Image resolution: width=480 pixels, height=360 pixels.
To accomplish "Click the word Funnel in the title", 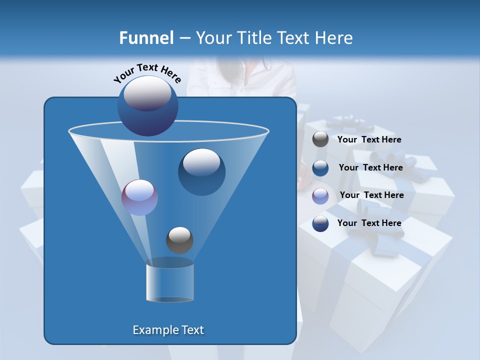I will [x=146, y=38].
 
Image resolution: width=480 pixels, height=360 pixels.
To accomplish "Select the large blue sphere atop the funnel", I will [x=148, y=105].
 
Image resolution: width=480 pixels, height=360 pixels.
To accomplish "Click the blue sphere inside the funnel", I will [x=201, y=171].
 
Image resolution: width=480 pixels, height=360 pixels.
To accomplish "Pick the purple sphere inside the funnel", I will [x=139, y=197].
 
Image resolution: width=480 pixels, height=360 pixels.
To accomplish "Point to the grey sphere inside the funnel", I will [x=179, y=240].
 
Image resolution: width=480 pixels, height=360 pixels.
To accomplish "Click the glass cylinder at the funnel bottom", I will [x=170, y=282].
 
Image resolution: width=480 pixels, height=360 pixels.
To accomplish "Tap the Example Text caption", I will [x=168, y=330].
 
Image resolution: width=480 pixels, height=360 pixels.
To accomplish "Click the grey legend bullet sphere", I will [x=320, y=139].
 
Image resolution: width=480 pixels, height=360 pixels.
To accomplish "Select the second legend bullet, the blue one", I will [x=320, y=168].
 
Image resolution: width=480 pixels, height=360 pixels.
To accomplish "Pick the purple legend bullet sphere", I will [x=320, y=196].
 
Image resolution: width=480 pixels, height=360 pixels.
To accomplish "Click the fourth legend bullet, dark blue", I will [x=320, y=223].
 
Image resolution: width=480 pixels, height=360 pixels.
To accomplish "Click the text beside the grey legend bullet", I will [x=369, y=140].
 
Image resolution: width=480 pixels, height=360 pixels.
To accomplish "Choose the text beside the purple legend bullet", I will [x=371, y=195].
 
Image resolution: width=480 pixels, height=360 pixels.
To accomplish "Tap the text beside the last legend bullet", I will [x=369, y=223].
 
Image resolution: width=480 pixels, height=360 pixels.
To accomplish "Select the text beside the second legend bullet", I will [x=370, y=167].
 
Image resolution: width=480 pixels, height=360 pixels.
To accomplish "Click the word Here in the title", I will [x=335, y=38].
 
